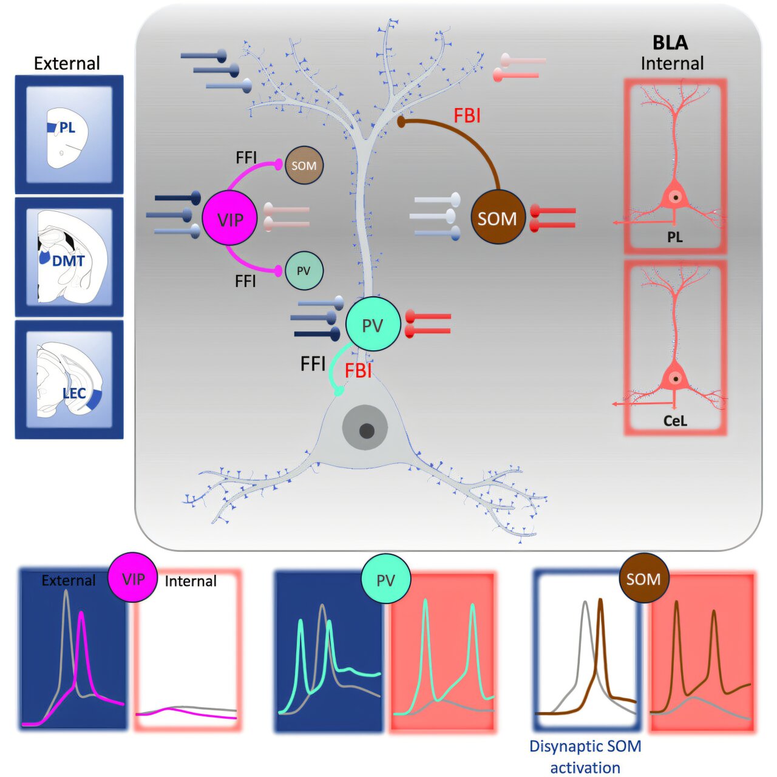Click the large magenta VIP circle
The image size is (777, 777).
pyautogui.click(x=229, y=219)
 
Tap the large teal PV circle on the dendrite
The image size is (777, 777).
pyautogui.click(x=373, y=325)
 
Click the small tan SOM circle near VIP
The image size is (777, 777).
pyautogui.click(x=304, y=165)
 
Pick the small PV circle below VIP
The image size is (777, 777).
pyautogui.click(x=304, y=271)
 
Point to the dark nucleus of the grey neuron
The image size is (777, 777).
pyautogui.click(x=366, y=431)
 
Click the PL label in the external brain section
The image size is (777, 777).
pyautogui.click(x=67, y=128)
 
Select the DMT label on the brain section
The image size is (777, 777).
pyautogui.click(x=68, y=261)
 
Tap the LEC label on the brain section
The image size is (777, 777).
pyautogui.click(x=74, y=393)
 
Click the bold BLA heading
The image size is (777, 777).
pyautogui.click(x=670, y=42)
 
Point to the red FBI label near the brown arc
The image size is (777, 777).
pyautogui.click(x=467, y=115)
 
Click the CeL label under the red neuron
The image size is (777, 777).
pyautogui.click(x=675, y=421)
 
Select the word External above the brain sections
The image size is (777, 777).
pyautogui.click(x=67, y=63)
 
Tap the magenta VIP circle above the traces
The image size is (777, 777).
pyautogui.click(x=133, y=579)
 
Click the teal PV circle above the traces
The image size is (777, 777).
pyautogui.click(x=385, y=580)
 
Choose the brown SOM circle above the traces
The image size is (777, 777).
pyautogui.click(x=643, y=579)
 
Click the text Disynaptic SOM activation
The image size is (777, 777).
pyautogui.click(x=585, y=756)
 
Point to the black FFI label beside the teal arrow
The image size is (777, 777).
pyautogui.click(x=313, y=364)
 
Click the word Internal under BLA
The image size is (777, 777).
pyautogui.click(x=672, y=63)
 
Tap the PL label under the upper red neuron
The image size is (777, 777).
pyautogui.click(x=675, y=237)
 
